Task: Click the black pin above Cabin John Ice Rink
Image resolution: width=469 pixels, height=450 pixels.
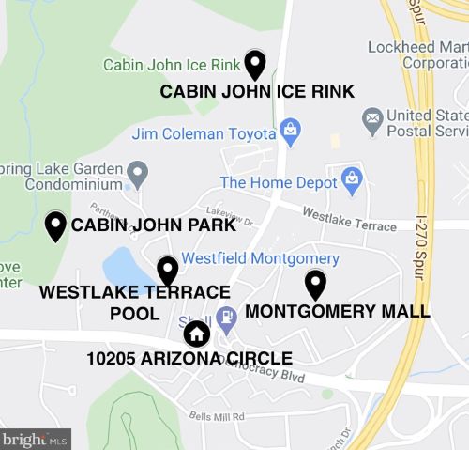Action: pos(254,64)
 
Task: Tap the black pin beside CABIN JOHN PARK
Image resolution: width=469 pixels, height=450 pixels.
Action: pos(55,225)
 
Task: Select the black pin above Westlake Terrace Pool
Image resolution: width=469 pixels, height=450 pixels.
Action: pos(167,271)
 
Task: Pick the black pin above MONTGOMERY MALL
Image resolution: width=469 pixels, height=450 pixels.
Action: pos(316,284)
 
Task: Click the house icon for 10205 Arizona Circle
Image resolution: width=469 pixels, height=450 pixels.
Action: pos(196,334)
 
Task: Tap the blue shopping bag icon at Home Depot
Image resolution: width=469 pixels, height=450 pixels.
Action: pos(352,177)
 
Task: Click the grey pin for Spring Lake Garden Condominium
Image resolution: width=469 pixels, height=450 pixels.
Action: pos(138,173)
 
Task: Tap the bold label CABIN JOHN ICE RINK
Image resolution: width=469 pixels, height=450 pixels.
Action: pos(257,92)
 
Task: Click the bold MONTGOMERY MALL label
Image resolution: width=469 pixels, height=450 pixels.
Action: pos(337,311)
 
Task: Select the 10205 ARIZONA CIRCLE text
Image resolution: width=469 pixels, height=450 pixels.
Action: pos(189,358)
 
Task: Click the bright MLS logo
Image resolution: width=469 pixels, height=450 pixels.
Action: pos(36,439)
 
